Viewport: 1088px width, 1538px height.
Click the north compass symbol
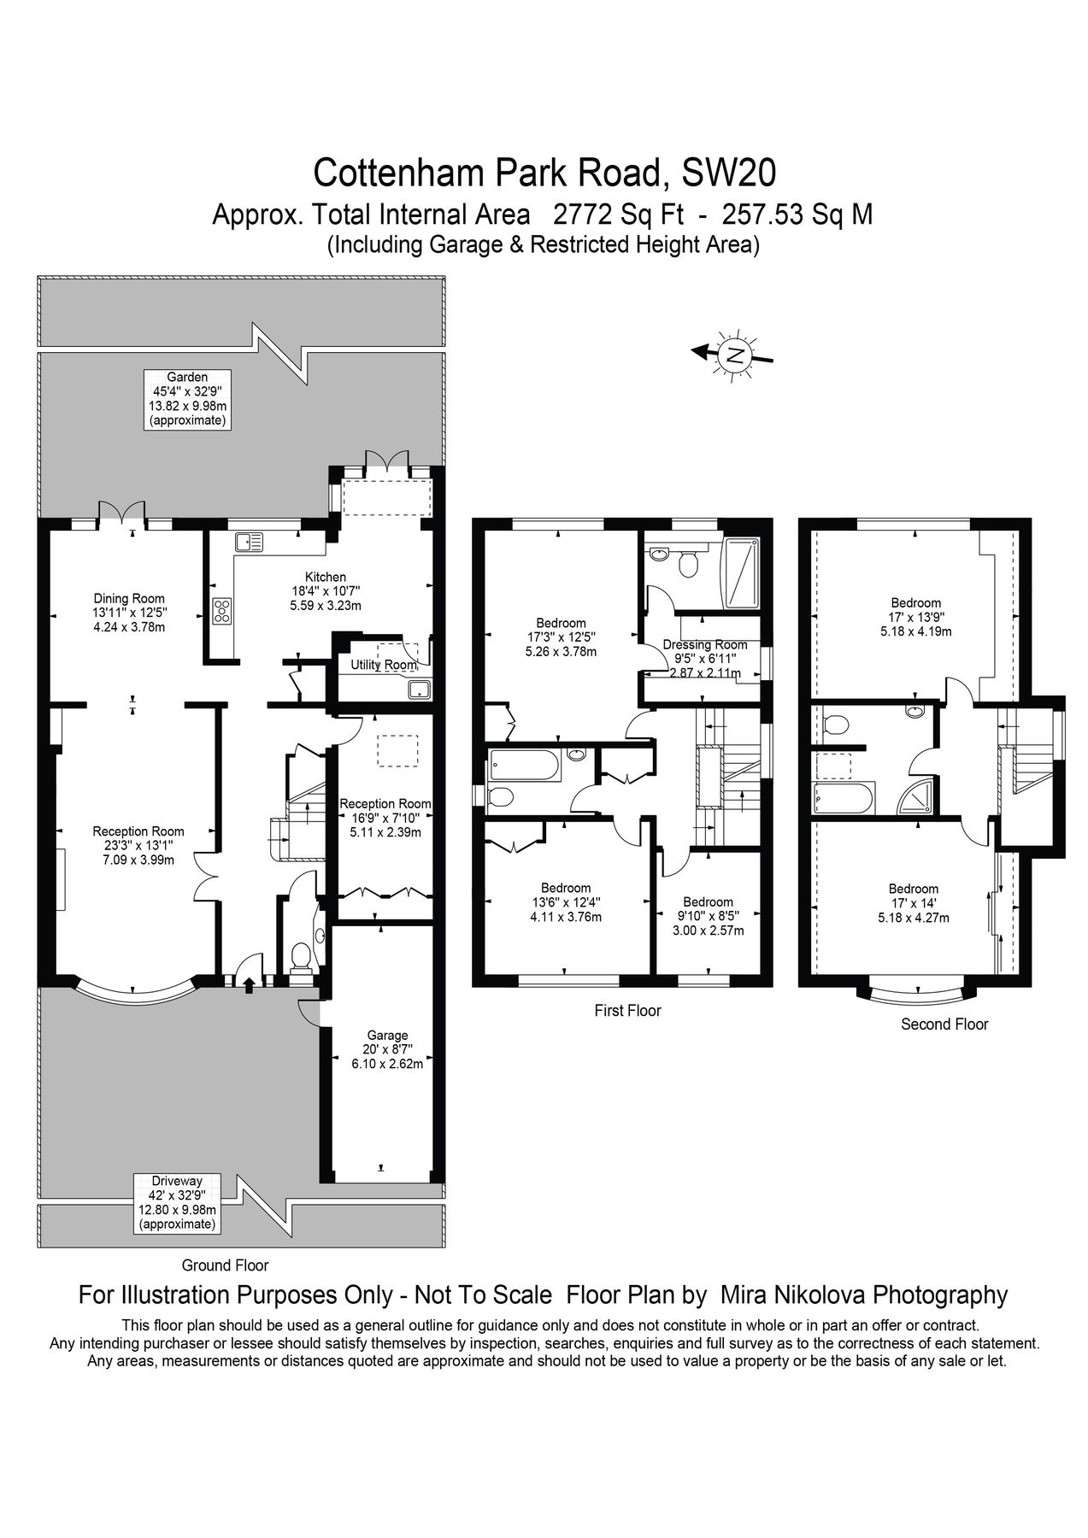[x=733, y=353]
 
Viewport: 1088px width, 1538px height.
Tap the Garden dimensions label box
[x=187, y=399]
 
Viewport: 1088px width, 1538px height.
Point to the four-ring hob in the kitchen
[x=222, y=611]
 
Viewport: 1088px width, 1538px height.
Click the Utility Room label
[x=384, y=665]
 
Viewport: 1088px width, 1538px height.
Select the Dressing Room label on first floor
[x=705, y=645]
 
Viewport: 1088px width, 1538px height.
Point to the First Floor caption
[x=627, y=1011]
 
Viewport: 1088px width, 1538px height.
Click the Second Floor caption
[x=944, y=1024]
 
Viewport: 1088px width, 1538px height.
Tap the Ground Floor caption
[x=225, y=1265]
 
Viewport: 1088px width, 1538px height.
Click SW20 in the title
[x=728, y=172]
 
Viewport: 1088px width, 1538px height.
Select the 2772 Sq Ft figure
[x=619, y=213]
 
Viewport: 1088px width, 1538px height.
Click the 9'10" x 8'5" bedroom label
[x=708, y=916]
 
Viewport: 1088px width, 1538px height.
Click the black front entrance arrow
[x=249, y=986]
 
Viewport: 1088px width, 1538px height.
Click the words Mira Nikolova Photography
[x=864, y=1294]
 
